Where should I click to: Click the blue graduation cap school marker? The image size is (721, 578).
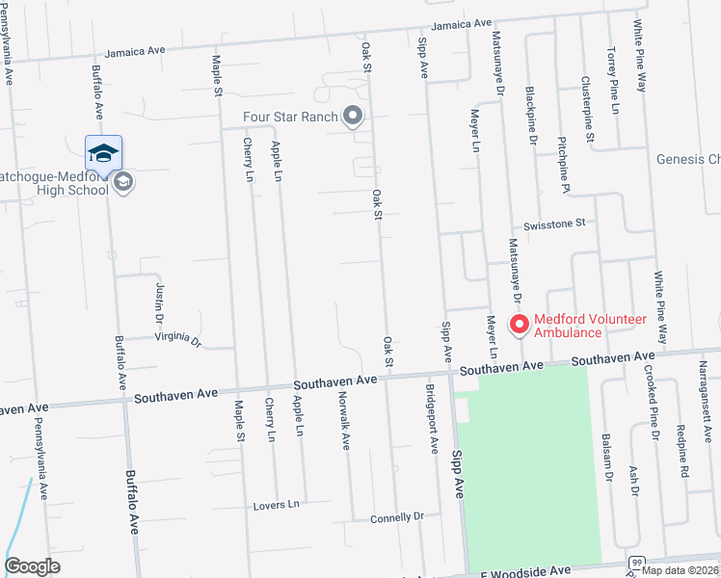coord(103,153)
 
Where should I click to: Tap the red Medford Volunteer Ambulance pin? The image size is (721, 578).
coord(519,325)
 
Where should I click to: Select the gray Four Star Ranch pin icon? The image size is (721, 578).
coord(353,117)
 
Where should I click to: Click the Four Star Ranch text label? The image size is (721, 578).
coord(290,118)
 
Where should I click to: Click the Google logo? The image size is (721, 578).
coord(33,566)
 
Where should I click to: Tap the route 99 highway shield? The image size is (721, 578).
coord(636,562)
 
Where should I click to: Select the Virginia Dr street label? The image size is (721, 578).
coord(178,340)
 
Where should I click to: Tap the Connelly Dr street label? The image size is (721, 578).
coord(397,517)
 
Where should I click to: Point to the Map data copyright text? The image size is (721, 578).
coord(681,569)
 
